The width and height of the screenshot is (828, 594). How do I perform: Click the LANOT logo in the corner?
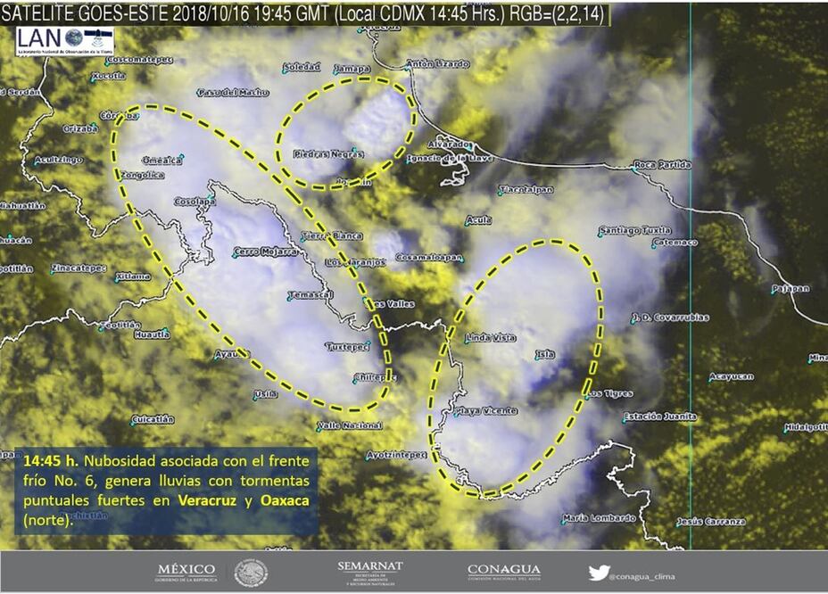64,41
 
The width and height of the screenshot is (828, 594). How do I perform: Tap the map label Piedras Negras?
328,154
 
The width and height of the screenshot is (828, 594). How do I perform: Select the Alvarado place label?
449,144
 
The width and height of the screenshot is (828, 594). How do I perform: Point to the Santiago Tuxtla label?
634,230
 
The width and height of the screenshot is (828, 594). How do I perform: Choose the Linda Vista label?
491,338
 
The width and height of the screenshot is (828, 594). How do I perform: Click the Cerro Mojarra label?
264,252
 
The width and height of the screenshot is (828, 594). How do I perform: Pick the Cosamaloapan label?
430,257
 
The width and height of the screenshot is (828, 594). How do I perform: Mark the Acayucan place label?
731,376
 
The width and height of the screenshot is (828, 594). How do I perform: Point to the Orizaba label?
79,128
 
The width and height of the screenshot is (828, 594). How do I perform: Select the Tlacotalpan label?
526,190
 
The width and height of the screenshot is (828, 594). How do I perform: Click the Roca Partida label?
662,165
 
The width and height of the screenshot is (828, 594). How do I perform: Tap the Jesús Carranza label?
710,522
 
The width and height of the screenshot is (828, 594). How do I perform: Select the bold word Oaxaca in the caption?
285,500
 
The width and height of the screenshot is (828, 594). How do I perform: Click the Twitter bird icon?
599,573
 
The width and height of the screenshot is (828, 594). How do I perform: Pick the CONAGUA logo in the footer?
503,572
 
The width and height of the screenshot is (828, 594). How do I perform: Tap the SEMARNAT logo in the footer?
370,572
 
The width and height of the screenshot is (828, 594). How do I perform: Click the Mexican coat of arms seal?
251,573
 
